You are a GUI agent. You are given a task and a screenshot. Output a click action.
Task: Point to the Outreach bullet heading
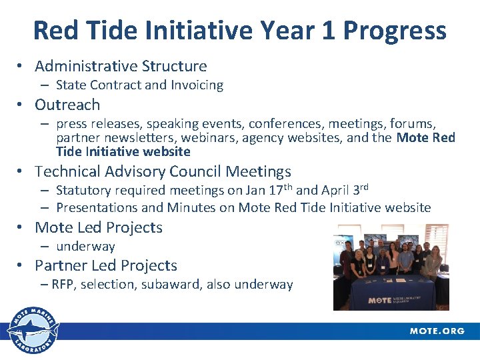click(x=67, y=105)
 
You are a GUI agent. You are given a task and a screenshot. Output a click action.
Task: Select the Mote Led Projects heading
click(x=99, y=227)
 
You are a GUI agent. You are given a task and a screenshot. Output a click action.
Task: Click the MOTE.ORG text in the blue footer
click(x=437, y=331)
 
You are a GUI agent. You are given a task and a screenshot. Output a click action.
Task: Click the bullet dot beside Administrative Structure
click(x=21, y=67)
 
